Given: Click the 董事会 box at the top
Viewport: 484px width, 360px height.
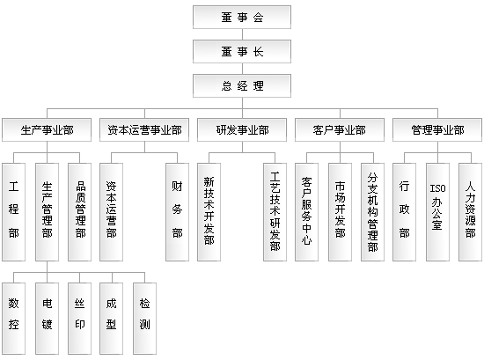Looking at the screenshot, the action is click(242, 18).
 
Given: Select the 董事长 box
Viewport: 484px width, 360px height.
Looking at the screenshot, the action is click(242, 52).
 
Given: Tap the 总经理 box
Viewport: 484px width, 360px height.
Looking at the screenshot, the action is click(242, 86).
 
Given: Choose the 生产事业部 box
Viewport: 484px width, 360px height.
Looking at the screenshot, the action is click(47, 130).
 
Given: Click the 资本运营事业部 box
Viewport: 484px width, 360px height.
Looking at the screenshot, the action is click(144, 130).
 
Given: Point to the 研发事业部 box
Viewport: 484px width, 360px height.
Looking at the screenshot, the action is click(242, 130).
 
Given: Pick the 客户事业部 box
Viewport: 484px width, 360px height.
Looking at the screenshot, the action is click(340, 130).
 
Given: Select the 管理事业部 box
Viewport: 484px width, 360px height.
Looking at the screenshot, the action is click(437, 130).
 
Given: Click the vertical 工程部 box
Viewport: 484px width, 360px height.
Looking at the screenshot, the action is click(13, 212).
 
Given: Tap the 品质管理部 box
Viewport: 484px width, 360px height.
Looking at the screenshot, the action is click(79, 212).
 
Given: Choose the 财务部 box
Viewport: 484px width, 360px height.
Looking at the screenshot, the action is click(178, 212).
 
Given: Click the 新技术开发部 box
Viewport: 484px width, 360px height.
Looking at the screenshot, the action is click(209, 212).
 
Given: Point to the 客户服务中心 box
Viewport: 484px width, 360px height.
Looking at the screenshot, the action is click(307, 212).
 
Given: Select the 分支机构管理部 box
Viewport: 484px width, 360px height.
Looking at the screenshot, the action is click(373, 212).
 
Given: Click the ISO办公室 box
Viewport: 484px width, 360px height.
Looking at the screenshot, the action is click(437, 212).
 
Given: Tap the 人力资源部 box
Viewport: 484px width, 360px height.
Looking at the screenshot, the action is click(471, 212).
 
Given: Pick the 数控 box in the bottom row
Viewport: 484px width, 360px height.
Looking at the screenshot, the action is click(13, 319).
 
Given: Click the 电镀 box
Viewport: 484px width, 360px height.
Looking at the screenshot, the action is click(47, 319).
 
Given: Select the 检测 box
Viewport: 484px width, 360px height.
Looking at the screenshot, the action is click(145, 319).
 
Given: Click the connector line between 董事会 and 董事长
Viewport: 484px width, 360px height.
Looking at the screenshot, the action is click(242, 34).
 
